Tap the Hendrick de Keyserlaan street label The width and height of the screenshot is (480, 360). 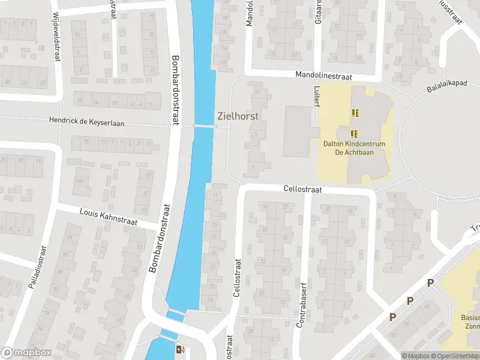[88, 123]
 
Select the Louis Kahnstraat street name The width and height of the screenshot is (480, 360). [109, 217]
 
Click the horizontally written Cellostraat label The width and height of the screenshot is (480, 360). [303, 189]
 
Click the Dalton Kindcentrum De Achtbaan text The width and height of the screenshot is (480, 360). [354, 148]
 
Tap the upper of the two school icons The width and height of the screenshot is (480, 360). [355, 112]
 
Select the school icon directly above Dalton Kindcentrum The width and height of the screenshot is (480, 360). [354, 133]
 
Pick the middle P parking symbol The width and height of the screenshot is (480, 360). [410, 301]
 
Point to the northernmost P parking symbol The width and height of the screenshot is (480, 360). [430, 283]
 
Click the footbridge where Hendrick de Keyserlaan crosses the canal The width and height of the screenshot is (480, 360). [205, 126]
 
